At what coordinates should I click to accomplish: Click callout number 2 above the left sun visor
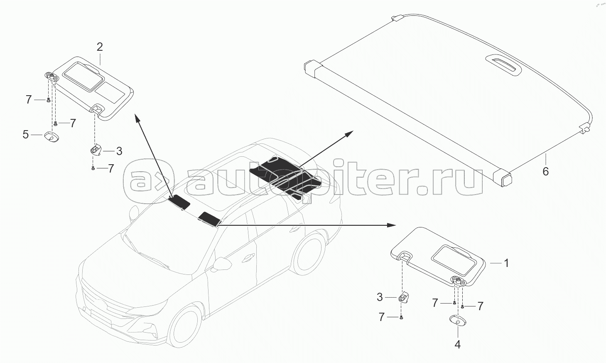click(100, 47)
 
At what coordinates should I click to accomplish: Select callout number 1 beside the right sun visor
click(506, 263)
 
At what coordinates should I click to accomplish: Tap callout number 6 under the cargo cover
click(545, 171)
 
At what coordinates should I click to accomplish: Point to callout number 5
click(26, 135)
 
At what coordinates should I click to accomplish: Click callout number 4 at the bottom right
click(457, 345)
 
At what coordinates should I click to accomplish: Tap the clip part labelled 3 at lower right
click(404, 297)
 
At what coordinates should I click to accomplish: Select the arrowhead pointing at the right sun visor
click(391, 225)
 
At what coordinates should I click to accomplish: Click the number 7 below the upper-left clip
click(110, 168)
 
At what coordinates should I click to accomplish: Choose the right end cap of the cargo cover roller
click(504, 177)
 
